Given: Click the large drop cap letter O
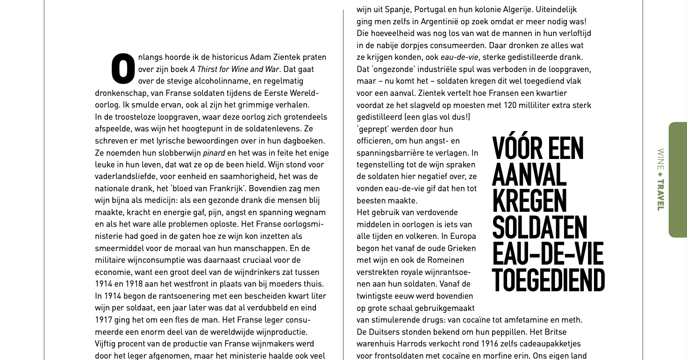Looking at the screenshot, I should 123,69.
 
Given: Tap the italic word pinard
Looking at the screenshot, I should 214,153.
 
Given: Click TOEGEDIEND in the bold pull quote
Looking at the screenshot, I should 548,281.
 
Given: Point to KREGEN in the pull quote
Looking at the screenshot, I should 529,201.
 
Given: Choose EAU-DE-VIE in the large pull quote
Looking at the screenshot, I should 548,254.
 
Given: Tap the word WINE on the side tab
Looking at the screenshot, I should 660,159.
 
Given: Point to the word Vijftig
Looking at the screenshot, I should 107,344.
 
